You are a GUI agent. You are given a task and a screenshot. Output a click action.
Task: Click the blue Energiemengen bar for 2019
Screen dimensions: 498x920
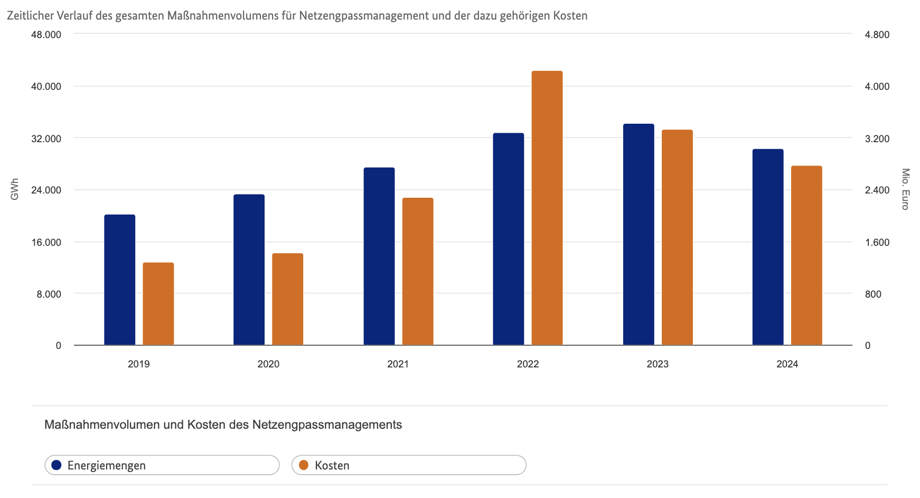pos(119,280)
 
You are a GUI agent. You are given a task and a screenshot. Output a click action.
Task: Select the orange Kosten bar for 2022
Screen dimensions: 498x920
pos(547,208)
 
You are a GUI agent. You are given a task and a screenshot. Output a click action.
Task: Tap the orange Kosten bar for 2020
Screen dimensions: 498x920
pos(287,299)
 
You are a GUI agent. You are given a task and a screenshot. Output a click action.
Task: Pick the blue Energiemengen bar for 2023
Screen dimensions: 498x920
pos(638,235)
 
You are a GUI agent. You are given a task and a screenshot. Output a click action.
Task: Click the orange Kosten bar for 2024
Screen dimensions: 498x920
pos(806,256)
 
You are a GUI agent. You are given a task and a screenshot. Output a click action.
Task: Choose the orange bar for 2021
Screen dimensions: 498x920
pos(417,272)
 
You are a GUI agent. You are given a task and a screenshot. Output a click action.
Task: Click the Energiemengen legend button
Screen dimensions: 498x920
pos(162,465)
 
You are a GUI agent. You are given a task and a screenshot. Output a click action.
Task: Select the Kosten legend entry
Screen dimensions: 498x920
pos(408,465)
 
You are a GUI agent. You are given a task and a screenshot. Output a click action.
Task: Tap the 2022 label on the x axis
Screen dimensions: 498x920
pos(528,364)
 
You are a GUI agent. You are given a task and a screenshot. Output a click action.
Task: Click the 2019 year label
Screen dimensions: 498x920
pos(138,364)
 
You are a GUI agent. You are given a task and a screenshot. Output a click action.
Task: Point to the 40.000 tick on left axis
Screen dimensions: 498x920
pos(46,86)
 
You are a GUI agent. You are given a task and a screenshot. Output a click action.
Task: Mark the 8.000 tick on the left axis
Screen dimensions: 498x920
pos(49,294)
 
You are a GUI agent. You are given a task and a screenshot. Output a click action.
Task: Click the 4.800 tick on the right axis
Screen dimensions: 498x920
pos(877,34)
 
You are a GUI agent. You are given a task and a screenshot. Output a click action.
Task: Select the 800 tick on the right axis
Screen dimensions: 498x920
pos(873,294)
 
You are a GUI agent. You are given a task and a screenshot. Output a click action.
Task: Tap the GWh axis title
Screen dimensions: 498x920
pos(14,189)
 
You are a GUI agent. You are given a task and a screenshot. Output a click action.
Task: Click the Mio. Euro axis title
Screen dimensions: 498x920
pos(905,189)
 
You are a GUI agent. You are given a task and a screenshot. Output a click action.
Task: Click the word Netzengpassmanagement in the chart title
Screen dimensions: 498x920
pos(364,15)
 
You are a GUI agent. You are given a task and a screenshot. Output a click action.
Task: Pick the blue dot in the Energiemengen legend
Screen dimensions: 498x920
pos(57,465)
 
